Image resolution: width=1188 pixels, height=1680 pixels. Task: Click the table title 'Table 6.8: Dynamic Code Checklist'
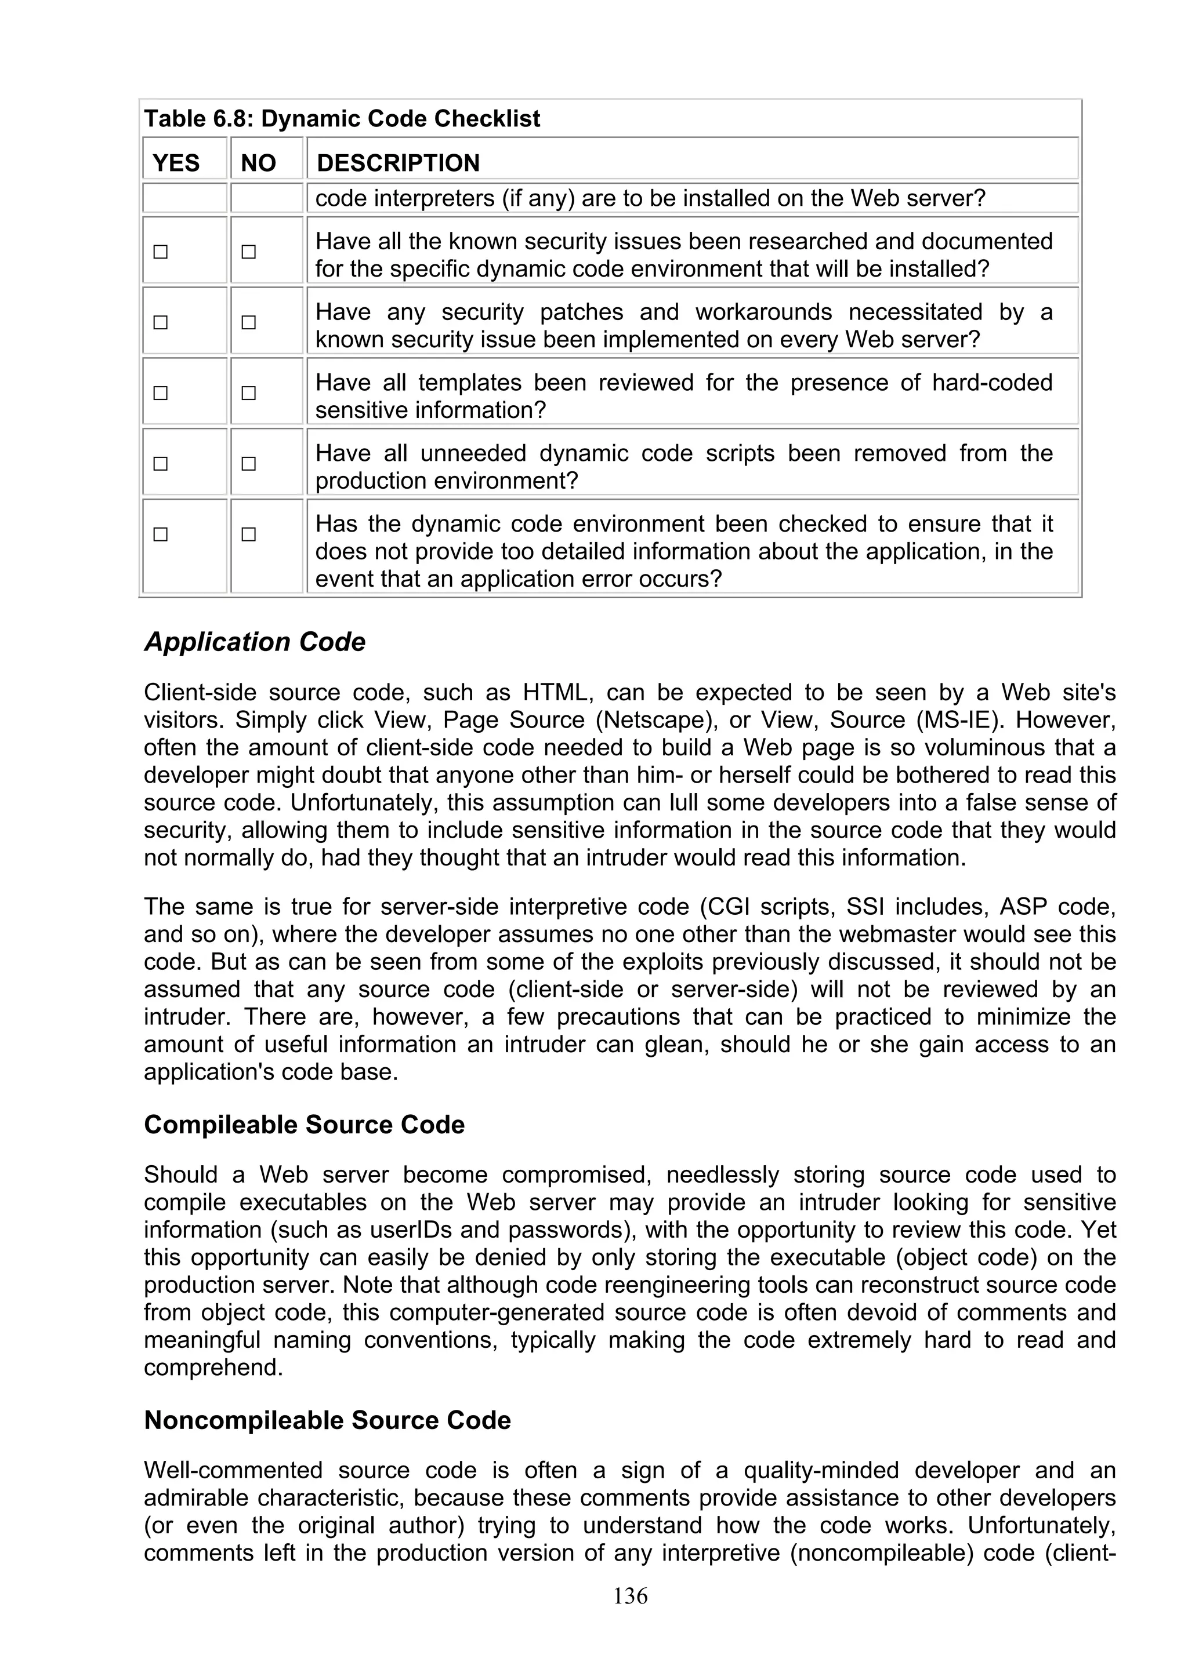point(342,118)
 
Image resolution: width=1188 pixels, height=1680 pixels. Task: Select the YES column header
point(176,162)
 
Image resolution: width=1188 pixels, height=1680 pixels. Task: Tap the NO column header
point(258,162)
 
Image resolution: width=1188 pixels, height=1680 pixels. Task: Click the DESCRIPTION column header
point(398,162)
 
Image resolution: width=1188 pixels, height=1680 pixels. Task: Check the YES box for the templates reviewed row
point(160,394)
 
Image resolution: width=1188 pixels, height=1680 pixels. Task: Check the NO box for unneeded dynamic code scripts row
point(249,464)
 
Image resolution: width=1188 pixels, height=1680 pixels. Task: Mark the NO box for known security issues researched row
point(249,252)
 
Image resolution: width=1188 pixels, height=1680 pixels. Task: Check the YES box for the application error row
point(160,534)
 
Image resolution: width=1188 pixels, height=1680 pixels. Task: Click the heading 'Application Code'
point(255,642)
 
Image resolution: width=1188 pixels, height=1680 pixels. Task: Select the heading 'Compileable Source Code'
point(304,1125)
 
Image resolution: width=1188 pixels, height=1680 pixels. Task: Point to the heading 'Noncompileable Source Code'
point(327,1420)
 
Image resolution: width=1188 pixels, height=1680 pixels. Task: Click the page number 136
point(630,1596)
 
